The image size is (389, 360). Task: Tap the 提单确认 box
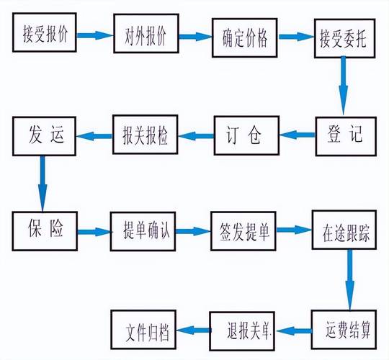pyautogui.click(x=143, y=232)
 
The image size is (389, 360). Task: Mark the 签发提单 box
pyautogui.click(x=243, y=232)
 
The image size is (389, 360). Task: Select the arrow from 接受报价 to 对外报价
pyautogui.click(x=95, y=35)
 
